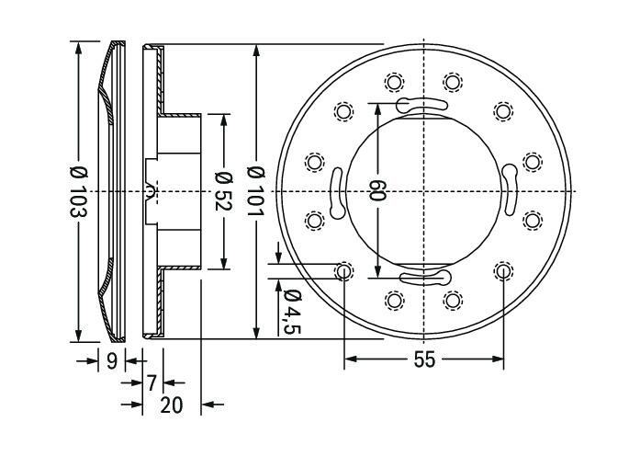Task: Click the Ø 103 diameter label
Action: tap(78, 191)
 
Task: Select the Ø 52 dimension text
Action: tap(223, 191)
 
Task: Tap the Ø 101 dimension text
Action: tap(256, 191)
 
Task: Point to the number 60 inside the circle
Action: tap(377, 190)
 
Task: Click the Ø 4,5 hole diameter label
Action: tap(292, 312)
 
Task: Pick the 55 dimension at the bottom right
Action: tap(424, 360)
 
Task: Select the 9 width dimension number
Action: tap(112, 361)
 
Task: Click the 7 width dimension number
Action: tap(152, 383)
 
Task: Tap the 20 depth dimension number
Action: tap(172, 405)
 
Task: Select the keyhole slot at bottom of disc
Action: tap(425, 278)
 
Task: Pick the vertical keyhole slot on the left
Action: tap(337, 193)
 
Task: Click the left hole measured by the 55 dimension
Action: tap(343, 271)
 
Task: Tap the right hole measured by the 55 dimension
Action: tap(503, 271)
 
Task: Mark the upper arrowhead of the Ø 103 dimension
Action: tap(78, 48)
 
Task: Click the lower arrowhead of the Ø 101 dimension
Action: tap(256, 332)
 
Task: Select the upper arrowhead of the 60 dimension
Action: tap(377, 110)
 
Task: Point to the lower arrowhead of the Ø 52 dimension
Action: tap(223, 263)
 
